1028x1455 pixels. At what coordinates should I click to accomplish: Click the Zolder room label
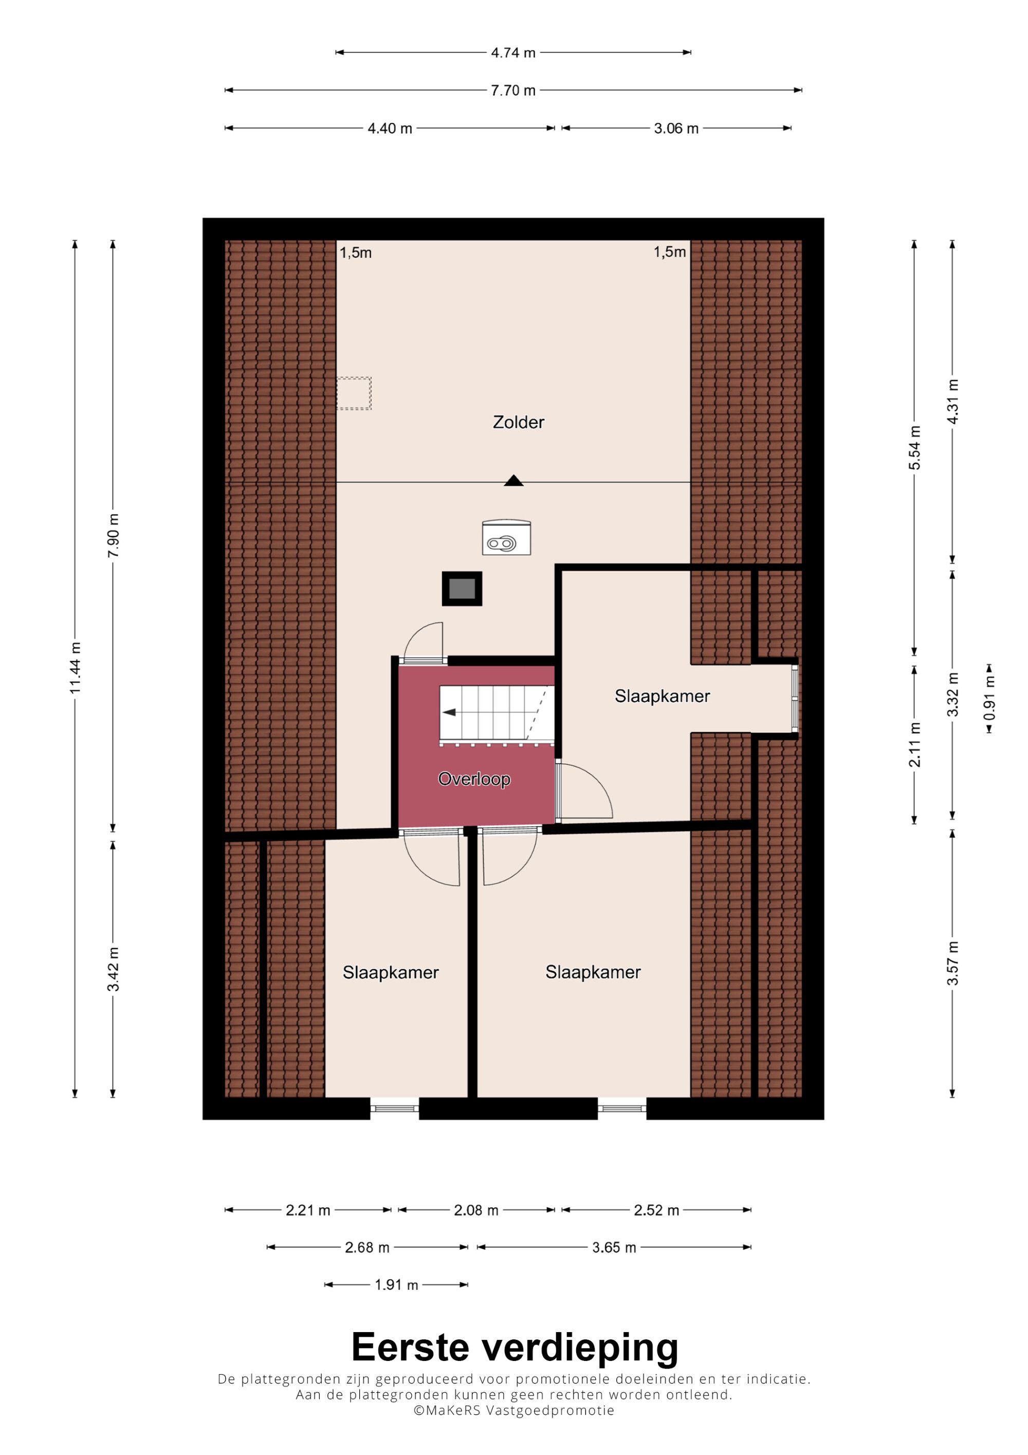click(x=518, y=422)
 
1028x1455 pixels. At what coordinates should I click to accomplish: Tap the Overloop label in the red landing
click(x=474, y=779)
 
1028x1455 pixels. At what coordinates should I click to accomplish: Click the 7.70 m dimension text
click(x=513, y=90)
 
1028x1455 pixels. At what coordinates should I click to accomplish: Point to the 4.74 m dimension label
click(x=513, y=52)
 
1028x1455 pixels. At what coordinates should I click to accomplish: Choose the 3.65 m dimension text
click(x=614, y=1247)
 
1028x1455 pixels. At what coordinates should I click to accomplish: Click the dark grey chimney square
click(x=462, y=589)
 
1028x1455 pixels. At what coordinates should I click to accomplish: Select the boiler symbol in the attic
click(x=506, y=537)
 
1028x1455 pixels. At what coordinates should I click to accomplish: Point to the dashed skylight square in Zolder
click(x=354, y=393)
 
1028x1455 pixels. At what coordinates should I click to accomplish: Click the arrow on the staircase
click(x=449, y=712)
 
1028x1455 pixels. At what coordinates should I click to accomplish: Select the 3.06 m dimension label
click(x=676, y=129)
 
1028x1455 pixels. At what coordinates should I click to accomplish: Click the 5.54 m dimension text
click(x=914, y=447)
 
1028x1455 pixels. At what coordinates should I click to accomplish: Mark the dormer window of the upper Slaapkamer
click(x=796, y=698)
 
